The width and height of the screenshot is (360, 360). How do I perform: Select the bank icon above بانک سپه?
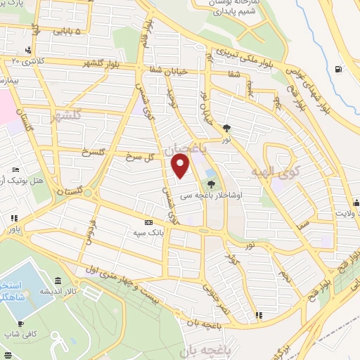(x=147, y=219)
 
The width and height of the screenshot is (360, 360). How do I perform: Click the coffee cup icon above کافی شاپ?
(x=20, y=323)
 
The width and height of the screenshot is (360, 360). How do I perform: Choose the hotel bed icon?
(x=16, y=171)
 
